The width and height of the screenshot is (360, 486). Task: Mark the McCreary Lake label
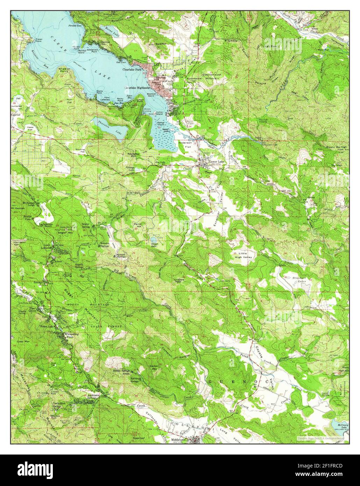point(339,427)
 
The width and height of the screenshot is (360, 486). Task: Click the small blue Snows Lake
point(153,240)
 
